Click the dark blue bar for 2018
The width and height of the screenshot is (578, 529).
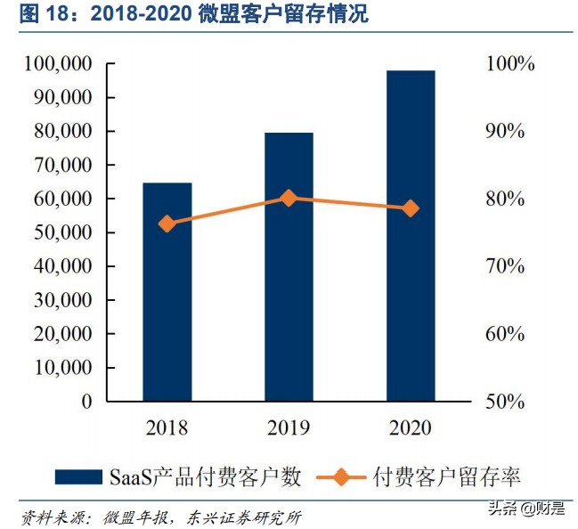click(x=167, y=291)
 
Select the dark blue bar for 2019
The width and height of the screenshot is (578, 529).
click(x=289, y=266)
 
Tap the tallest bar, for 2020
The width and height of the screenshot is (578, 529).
click(x=411, y=235)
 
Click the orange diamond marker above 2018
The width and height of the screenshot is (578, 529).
click(x=167, y=224)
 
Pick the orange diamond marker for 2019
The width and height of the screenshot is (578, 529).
click(x=289, y=198)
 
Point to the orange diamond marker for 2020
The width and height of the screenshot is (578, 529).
click(x=411, y=208)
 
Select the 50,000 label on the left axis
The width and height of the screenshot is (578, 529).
click(x=60, y=232)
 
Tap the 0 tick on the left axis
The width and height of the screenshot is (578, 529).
click(x=86, y=401)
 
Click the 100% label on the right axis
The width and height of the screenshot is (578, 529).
click(x=509, y=64)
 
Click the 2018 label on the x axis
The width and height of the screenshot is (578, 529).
click(x=167, y=428)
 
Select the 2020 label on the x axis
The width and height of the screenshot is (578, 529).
click(x=411, y=428)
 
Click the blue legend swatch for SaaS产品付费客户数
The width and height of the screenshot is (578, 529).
click(x=79, y=476)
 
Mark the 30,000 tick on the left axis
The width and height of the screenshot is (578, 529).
click(x=60, y=300)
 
